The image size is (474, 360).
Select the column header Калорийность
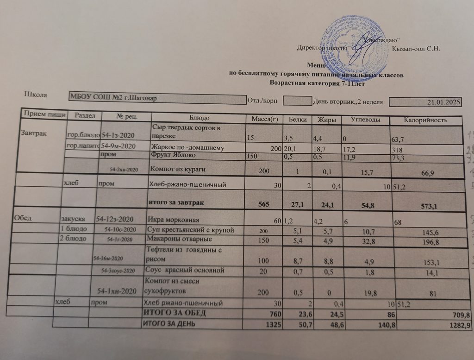(425, 120)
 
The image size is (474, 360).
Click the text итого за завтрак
(175, 203)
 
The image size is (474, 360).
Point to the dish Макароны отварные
(179, 240)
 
